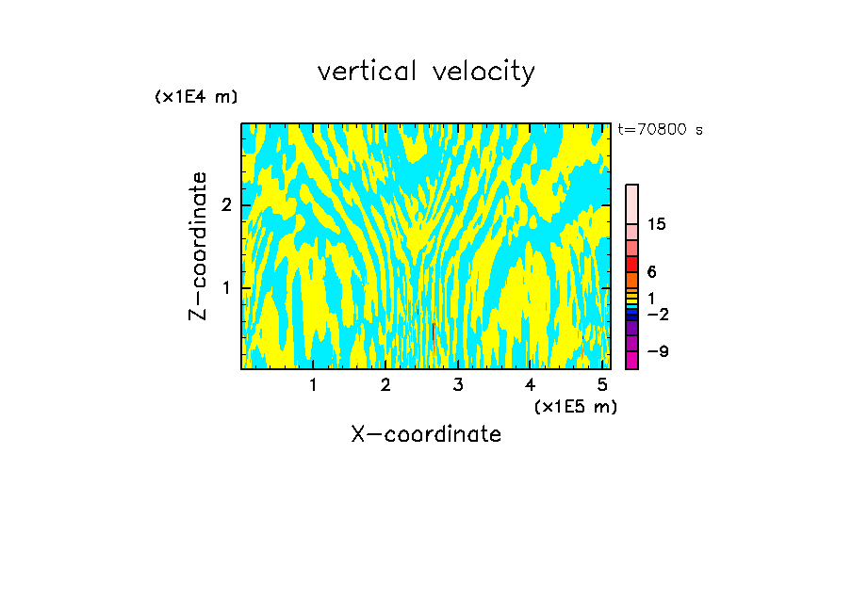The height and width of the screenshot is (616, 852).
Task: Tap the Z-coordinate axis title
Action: click(198, 246)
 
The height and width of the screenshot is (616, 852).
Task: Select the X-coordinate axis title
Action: click(426, 434)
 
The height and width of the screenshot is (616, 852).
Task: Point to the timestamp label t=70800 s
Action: click(660, 130)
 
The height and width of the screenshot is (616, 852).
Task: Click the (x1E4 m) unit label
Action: click(196, 97)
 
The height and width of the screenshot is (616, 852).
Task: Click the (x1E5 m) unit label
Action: click(575, 406)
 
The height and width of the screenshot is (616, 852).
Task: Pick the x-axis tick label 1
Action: click(314, 384)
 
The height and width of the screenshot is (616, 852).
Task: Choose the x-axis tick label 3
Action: click(458, 384)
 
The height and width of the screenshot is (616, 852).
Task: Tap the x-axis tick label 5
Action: click(602, 384)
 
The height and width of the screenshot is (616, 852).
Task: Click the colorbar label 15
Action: click(657, 224)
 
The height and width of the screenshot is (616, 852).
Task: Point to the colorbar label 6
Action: click(651, 272)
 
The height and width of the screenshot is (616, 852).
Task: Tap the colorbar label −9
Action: click(657, 351)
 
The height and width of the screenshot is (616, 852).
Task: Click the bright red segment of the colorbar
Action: click(631, 264)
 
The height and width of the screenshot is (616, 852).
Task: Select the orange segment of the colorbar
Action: click(631, 280)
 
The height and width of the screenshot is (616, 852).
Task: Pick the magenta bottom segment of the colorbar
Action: click(631, 360)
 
